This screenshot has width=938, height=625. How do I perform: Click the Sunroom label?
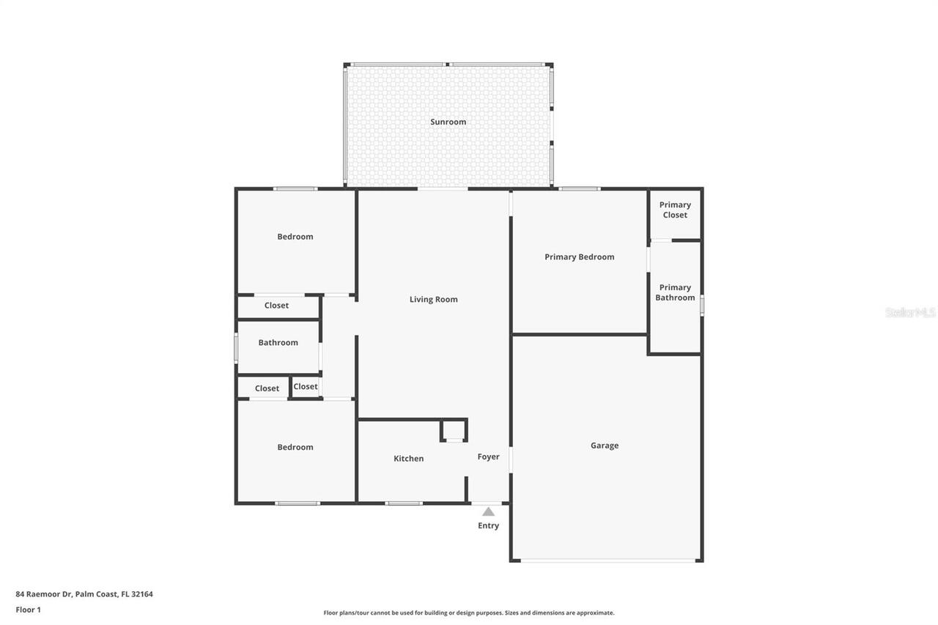click(448, 122)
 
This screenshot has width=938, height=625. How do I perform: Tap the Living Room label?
click(433, 300)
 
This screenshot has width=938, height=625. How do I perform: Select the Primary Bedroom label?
click(579, 257)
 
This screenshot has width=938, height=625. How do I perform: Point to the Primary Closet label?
click(675, 210)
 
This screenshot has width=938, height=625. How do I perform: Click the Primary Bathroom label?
click(675, 293)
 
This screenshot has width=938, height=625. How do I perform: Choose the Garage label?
click(605, 445)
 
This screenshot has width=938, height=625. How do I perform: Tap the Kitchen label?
click(408, 459)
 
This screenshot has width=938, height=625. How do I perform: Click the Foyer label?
click(488, 457)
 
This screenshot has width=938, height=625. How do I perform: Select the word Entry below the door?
click(488, 526)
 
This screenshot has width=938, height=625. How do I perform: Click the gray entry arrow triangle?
click(488, 512)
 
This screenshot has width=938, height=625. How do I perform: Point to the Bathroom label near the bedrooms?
click(278, 343)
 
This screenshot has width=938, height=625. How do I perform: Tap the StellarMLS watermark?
click(910, 313)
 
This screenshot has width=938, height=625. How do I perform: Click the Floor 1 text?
click(29, 610)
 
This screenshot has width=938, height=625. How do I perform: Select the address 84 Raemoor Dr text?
click(84, 594)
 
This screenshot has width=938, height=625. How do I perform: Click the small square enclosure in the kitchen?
click(454, 431)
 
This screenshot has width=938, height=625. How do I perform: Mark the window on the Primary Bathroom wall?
click(701, 305)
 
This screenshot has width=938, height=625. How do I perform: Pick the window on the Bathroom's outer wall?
click(236, 348)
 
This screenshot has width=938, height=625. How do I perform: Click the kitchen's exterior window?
click(404, 503)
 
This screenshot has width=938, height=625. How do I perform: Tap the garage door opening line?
click(608, 561)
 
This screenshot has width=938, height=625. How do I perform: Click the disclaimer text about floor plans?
click(469, 613)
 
